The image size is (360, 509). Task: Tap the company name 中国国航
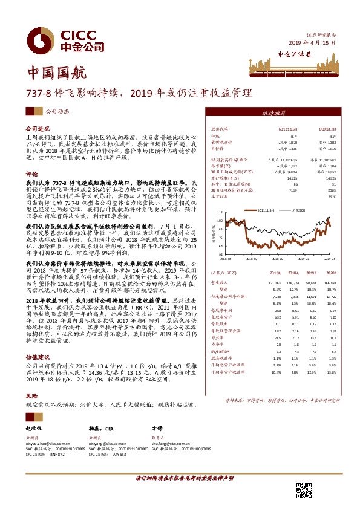(48, 74)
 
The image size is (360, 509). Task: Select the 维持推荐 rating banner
(273, 113)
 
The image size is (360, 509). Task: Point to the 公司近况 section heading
(37, 129)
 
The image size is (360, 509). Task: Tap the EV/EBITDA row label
(220, 350)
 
